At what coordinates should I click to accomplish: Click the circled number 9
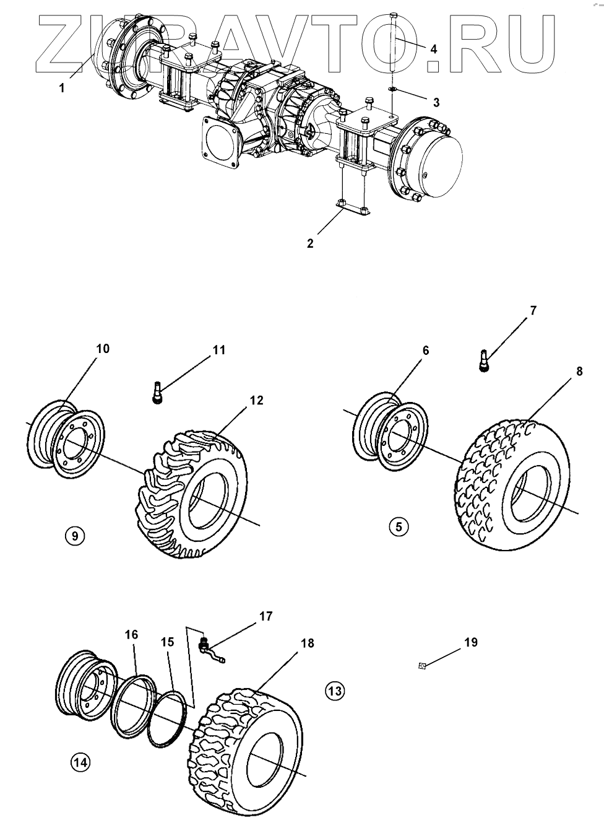pyautogui.click(x=75, y=536)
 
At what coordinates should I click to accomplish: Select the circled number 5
pyautogui.click(x=399, y=527)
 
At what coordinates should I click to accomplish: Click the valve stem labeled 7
pyautogui.click(x=485, y=360)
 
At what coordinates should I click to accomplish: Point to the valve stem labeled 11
pyautogui.click(x=158, y=392)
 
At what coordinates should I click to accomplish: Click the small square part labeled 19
pyautogui.click(x=421, y=666)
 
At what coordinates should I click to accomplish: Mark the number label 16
pyautogui.click(x=131, y=634)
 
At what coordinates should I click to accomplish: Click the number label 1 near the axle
pyautogui.click(x=62, y=88)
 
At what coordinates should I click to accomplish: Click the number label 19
pyautogui.click(x=470, y=642)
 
